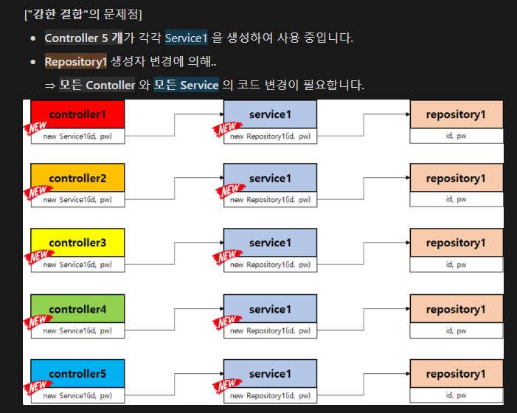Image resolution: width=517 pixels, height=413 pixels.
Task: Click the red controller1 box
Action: pyautogui.click(x=77, y=114)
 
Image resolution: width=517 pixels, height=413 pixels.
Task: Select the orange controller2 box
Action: pyautogui.click(x=77, y=178)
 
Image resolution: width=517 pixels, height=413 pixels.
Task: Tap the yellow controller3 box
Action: pyautogui.click(x=77, y=243)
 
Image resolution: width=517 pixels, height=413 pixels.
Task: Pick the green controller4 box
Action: pyautogui.click(x=77, y=308)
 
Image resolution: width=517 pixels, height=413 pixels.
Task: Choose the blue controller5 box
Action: pyautogui.click(x=77, y=373)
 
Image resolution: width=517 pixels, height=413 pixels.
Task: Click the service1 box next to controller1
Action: pyautogui.click(x=270, y=114)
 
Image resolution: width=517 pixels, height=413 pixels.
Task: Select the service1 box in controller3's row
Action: pyautogui.click(x=270, y=243)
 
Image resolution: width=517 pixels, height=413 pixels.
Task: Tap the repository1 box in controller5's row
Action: pyautogui.click(x=456, y=373)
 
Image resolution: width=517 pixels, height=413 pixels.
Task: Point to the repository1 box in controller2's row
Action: pyautogui.click(x=456, y=178)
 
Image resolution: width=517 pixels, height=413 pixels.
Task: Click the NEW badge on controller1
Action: pyautogui.click(x=36, y=130)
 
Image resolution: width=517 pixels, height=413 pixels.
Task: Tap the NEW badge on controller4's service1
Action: pyautogui.click(x=226, y=322)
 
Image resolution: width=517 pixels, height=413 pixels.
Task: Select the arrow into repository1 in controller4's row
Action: pyautogui.click(x=363, y=308)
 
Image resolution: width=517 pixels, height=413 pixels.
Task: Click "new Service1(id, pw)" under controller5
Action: pyautogui.click(x=77, y=396)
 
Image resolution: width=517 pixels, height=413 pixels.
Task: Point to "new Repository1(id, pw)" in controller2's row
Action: pyautogui.click(x=270, y=200)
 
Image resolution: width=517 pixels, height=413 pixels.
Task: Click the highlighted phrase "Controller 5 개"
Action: pyautogui.click(x=83, y=38)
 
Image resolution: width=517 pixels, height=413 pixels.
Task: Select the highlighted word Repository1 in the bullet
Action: pyautogui.click(x=76, y=62)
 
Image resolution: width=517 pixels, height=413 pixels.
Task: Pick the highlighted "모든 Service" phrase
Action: pyautogui.click(x=186, y=86)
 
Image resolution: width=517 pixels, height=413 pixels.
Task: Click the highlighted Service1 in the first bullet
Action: pyautogui.click(x=186, y=38)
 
